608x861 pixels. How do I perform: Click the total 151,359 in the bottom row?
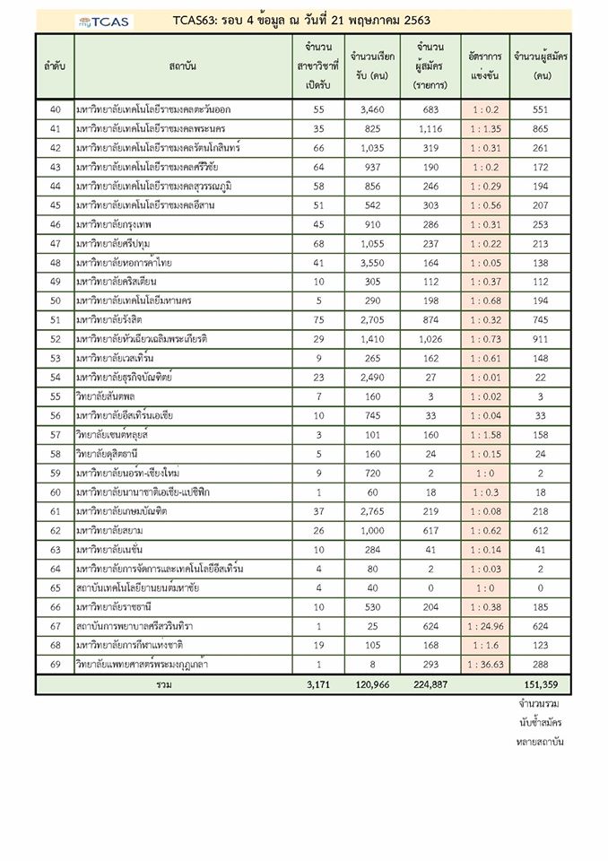pyautogui.click(x=541, y=685)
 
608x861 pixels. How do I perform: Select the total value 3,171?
pyautogui.click(x=317, y=685)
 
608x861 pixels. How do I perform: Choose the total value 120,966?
pyautogui.click(x=368, y=685)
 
